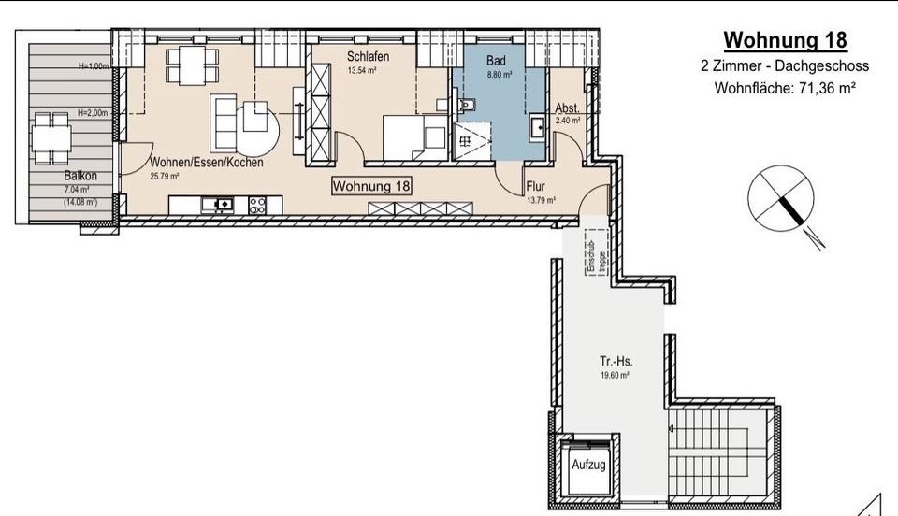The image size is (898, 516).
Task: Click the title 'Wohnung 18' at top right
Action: click(786, 40)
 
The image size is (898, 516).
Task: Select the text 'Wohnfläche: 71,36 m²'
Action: click(786, 89)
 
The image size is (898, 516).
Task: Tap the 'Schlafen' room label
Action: click(367, 57)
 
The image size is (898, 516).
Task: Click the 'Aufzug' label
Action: click(589, 465)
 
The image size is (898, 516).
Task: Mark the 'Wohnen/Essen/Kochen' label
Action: click(207, 162)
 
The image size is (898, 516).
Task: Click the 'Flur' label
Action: click(535, 186)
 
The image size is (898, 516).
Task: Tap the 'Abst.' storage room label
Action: click(567, 107)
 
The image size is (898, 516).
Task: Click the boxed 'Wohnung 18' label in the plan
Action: click(372, 186)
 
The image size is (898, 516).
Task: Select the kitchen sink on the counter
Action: click(223, 203)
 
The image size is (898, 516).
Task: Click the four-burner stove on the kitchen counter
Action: click(258, 203)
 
